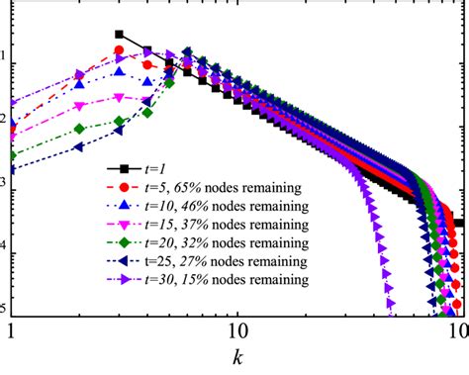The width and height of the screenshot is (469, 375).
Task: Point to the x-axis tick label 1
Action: pyautogui.click(x=11, y=329)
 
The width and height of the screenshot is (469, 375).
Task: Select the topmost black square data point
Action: pyautogui.click(x=120, y=35)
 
